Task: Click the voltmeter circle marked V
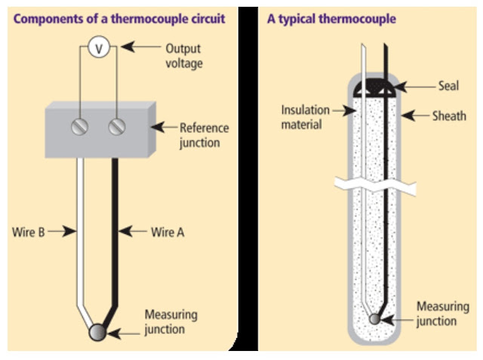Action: pyautogui.click(x=99, y=47)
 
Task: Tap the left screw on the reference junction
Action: pyautogui.click(x=80, y=127)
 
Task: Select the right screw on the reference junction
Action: pyautogui.click(x=117, y=127)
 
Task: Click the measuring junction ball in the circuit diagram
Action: pyautogui.click(x=97, y=332)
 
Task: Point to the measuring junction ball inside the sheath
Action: pyautogui.click(x=374, y=318)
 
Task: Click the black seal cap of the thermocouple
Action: pyautogui.click(x=375, y=88)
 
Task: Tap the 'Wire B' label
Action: pyautogui.click(x=29, y=232)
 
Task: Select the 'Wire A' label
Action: pyautogui.click(x=168, y=232)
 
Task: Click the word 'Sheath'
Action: pyautogui.click(x=449, y=116)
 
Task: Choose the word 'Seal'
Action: pyautogui.click(x=448, y=85)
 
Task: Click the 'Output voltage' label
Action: pyautogui.click(x=184, y=56)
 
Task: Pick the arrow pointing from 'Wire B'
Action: pyautogui.click(x=62, y=231)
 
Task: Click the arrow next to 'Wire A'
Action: pyautogui.click(x=133, y=231)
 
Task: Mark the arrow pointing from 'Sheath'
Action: pyautogui.click(x=415, y=115)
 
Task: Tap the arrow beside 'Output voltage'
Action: pyautogui.click(x=141, y=47)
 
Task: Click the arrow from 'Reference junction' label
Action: pyautogui.click(x=164, y=127)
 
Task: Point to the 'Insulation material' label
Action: pyautogui.click(x=305, y=117)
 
